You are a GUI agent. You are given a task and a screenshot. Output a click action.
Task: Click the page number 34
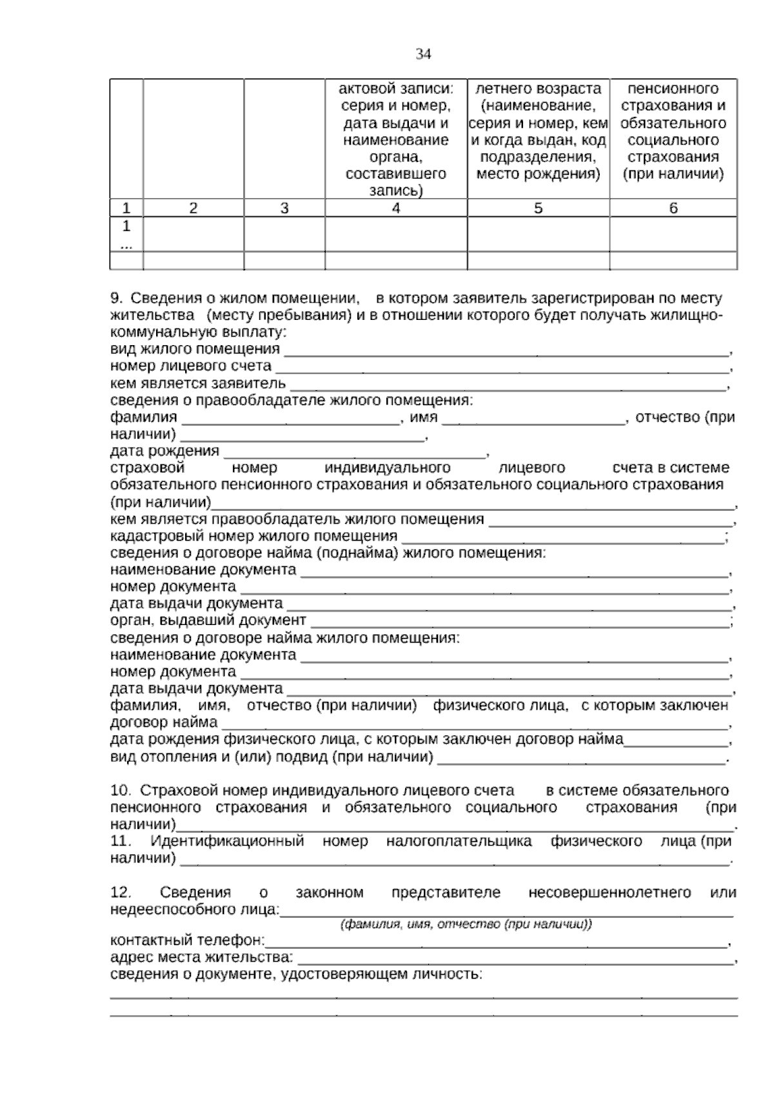[423, 54]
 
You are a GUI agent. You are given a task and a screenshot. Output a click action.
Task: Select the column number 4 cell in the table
[396, 208]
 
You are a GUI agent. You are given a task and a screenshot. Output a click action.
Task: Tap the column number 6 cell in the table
[673, 208]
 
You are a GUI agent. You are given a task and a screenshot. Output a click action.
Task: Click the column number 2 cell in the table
[193, 208]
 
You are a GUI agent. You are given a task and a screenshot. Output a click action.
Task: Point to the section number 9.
[117, 299]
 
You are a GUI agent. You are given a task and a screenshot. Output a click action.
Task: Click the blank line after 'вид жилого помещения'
[506, 350]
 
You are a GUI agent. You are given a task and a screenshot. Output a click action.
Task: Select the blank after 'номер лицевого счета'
[502, 367]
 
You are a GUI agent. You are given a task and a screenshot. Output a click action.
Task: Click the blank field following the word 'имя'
[534, 419]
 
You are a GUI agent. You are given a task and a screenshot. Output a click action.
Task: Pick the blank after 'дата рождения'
[355, 452]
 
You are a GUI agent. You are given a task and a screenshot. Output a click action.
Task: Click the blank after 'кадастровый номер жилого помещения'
[562, 537]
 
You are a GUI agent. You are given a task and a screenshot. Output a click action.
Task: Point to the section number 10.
[120, 791]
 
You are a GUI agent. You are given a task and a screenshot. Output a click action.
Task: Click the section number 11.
[120, 842]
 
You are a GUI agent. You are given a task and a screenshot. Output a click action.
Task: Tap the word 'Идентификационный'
[227, 842]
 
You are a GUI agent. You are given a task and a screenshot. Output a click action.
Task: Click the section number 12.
[120, 893]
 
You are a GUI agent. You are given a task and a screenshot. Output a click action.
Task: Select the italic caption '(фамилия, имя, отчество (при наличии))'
[466, 924]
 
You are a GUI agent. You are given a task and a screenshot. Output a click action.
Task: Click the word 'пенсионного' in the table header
[673, 88]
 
